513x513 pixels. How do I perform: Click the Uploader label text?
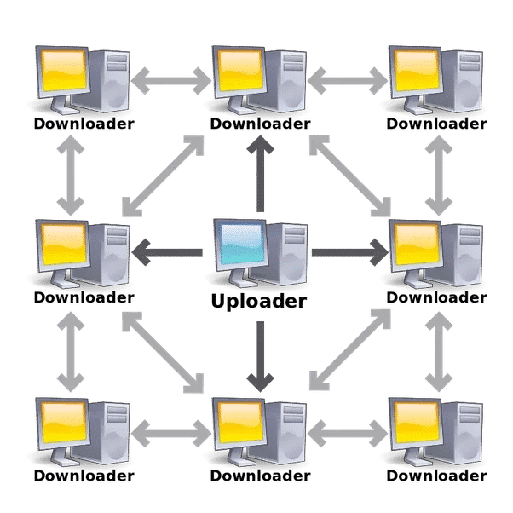[259, 302]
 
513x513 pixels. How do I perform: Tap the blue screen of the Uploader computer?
[242, 244]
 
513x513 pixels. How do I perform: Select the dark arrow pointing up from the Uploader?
[261, 174]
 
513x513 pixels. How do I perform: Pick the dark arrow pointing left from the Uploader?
[167, 252]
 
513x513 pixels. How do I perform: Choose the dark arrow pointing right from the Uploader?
[350, 252]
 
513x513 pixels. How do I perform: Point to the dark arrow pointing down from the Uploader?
[261, 356]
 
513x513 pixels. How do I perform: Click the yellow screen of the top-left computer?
[64, 71]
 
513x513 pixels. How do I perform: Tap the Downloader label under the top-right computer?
[436, 124]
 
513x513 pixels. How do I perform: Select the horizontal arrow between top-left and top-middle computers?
[171, 81]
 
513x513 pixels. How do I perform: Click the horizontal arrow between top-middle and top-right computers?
[348, 81]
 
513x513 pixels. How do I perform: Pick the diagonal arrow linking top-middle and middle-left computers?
[163, 176]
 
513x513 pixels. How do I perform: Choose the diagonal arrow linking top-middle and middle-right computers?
[350, 176]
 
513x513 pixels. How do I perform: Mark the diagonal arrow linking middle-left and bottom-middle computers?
[163, 352]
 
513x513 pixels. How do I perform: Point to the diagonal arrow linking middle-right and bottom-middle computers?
[350, 349]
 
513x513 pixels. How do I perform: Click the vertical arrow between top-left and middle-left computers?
[71, 176]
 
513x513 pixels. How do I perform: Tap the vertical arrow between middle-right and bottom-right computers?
[439, 352]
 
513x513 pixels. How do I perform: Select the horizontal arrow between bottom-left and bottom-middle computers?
[171, 434]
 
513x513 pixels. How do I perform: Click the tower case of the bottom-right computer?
[462, 433]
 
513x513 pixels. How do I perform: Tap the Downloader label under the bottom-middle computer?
[260, 476]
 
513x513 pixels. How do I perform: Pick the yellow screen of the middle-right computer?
[418, 244]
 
